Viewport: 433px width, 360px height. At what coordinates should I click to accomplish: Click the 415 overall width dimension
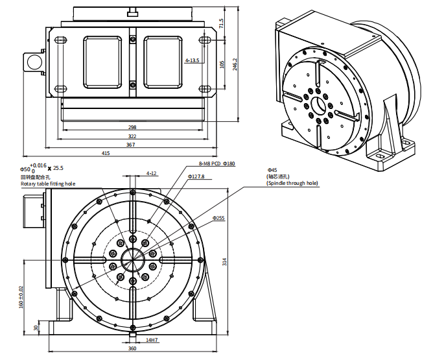coord(106,154)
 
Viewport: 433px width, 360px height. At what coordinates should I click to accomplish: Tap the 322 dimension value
coord(132,136)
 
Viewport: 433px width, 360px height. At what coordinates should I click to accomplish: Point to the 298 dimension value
coord(132,128)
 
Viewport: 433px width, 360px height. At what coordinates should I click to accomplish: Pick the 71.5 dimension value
coord(221,24)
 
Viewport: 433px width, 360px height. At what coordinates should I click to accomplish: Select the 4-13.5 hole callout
coord(192,60)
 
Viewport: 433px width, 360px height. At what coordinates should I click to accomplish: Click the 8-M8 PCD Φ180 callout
coord(216,164)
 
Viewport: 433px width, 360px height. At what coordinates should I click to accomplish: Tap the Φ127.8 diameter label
coord(196,176)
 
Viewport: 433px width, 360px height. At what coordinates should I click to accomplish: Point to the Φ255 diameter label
coord(218,219)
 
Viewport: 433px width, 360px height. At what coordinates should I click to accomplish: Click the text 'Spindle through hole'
coord(292,184)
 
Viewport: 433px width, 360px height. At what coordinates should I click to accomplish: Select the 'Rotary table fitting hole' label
coord(47,184)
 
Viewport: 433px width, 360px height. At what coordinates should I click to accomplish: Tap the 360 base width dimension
coord(132,349)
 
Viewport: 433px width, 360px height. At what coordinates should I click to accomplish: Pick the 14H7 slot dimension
coord(152,340)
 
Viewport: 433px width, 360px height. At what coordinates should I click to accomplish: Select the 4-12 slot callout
coord(152,173)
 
